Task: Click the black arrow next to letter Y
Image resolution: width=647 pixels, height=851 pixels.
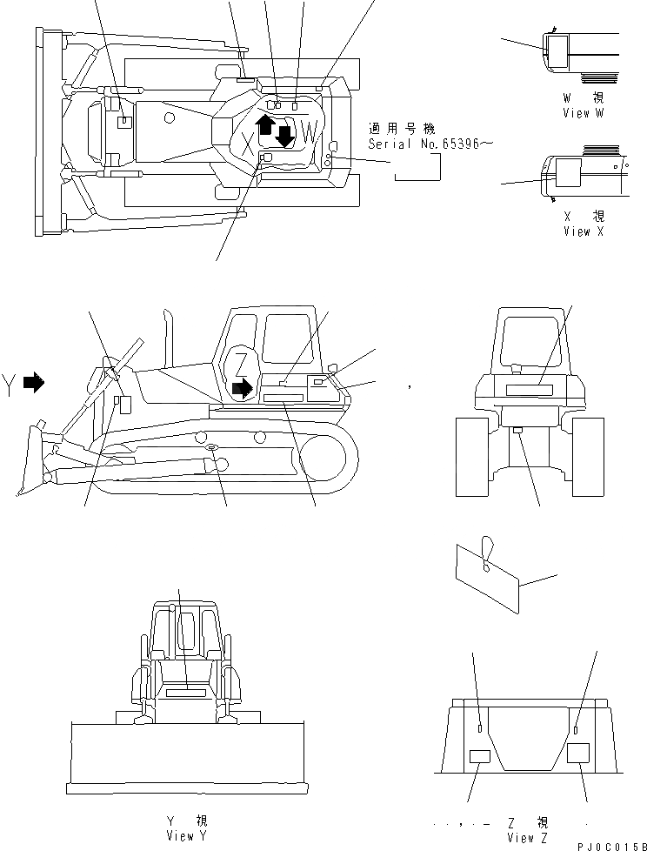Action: pos(33,382)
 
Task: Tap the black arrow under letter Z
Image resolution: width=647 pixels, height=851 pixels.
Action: pos(245,385)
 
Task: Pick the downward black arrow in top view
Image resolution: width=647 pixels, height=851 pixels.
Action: pos(284,135)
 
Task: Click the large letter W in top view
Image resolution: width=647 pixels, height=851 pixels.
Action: pos(310,134)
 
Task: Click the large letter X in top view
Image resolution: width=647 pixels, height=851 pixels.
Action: pos(248,147)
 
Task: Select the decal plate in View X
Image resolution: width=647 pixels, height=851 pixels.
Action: pos(567,173)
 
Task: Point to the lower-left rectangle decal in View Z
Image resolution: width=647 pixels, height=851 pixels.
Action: pos(479,757)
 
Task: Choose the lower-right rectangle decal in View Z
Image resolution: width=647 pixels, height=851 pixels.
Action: pos(577,754)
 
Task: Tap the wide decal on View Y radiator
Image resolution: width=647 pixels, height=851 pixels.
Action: pos(183,693)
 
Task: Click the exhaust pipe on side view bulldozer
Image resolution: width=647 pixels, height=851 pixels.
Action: pos(167,335)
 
